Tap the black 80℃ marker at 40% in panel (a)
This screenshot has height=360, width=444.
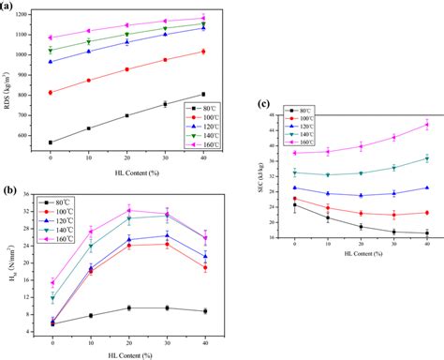[x=202, y=94]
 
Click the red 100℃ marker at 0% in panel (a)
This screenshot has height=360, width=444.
[x=51, y=92]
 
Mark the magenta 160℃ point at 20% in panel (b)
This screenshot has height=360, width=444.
[x=128, y=210]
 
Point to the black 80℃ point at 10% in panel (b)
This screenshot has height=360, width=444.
[x=90, y=316]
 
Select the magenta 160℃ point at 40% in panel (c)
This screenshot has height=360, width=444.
[x=427, y=125]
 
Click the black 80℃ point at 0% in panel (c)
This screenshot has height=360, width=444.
[x=295, y=205]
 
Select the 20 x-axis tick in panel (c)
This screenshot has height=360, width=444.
[x=361, y=245]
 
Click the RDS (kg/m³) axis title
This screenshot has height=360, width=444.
[x=8, y=80]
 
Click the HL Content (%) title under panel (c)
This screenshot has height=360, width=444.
[x=361, y=256]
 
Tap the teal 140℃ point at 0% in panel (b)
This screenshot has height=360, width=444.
[x=52, y=299]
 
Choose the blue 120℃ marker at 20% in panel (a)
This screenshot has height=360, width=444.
[x=126, y=42]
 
